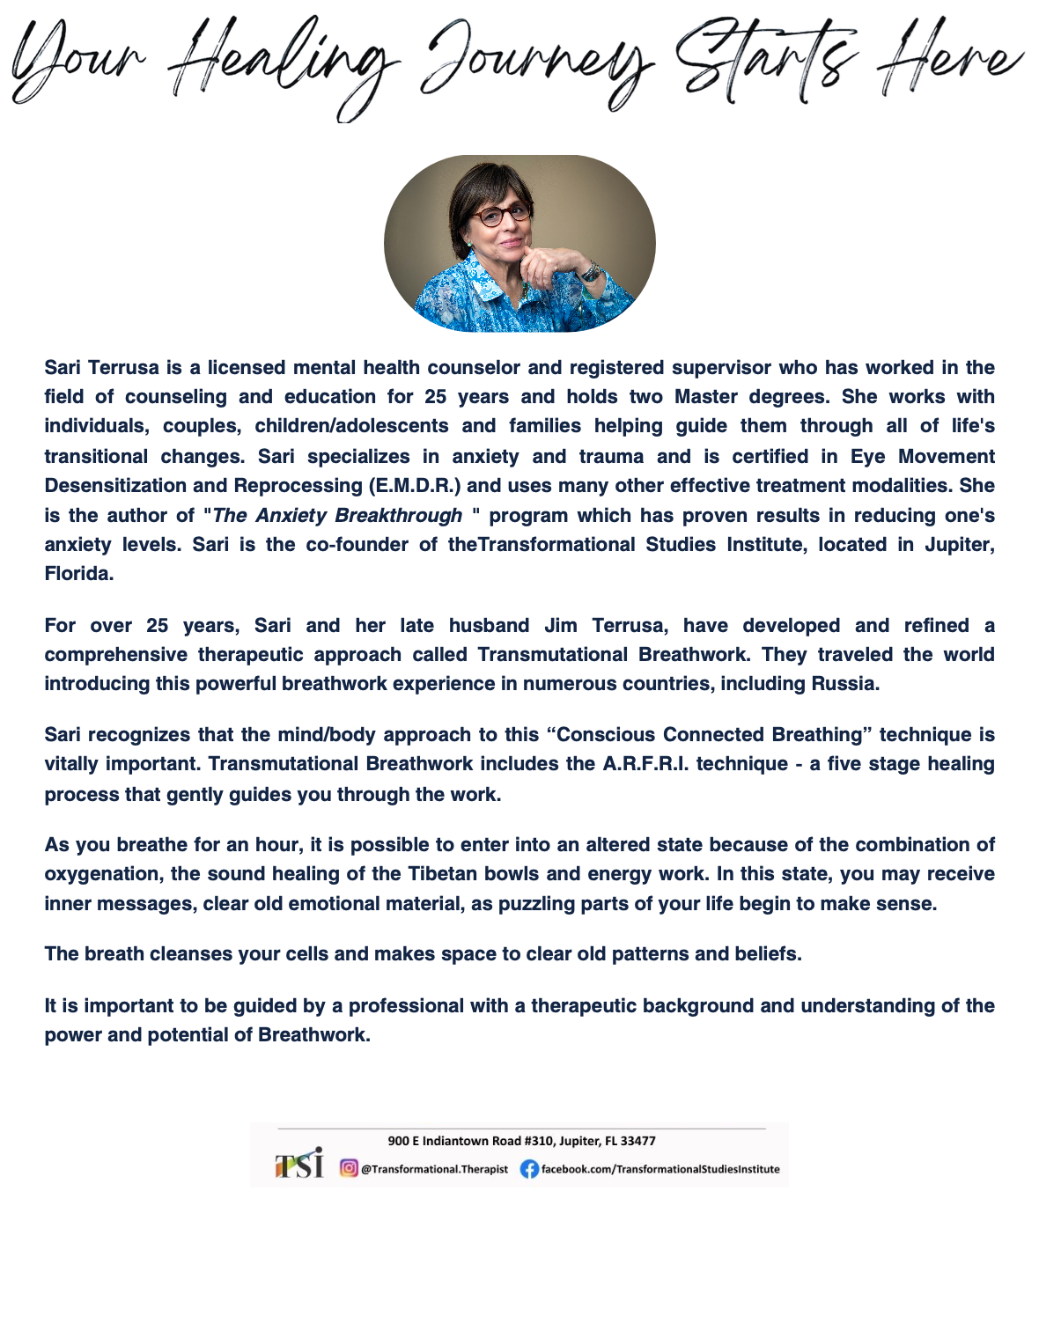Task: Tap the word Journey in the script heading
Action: (x=537, y=66)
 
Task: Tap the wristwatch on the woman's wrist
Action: (x=591, y=272)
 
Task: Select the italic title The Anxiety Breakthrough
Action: (x=337, y=516)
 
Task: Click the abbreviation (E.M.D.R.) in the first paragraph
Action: (x=413, y=486)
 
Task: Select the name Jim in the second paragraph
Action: (x=561, y=626)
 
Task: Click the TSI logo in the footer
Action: (x=299, y=1165)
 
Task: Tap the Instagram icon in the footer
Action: (x=349, y=1169)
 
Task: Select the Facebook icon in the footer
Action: (x=529, y=1169)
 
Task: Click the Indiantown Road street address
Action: (x=521, y=1141)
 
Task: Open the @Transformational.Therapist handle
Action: (x=435, y=1169)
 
